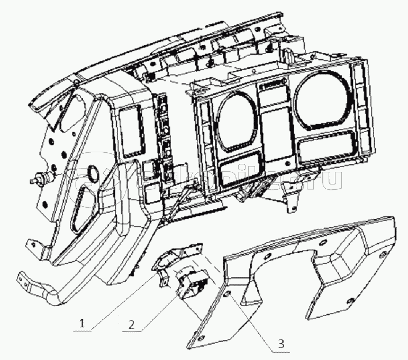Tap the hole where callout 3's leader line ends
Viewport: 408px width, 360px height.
coord(229,295)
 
